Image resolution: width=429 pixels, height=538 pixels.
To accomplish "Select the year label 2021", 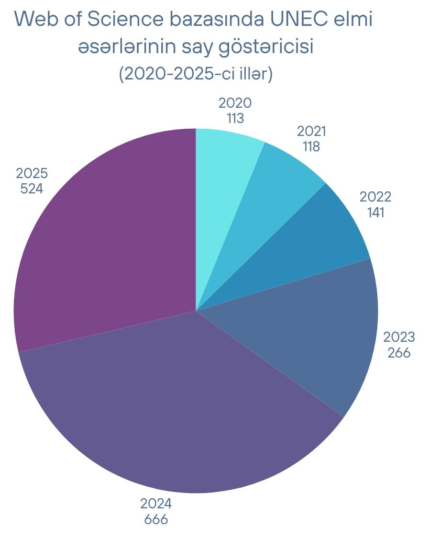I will [x=311, y=131].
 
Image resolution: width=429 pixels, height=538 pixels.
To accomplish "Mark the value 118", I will [x=311, y=146].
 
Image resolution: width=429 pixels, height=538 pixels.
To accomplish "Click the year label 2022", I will [x=375, y=197].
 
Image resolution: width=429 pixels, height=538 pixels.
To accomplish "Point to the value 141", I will [x=375, y=212].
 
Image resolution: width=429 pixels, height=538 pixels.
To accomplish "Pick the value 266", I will [x=399, y=353].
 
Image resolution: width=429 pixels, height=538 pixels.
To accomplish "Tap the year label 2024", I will [x=156, y=504].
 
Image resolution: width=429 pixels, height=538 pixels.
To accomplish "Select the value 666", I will [x=156, y=519].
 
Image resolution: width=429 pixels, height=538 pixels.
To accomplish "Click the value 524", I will [x=32, y=188].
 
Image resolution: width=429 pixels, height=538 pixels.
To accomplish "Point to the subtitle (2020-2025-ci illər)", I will [x=196, y=75].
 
